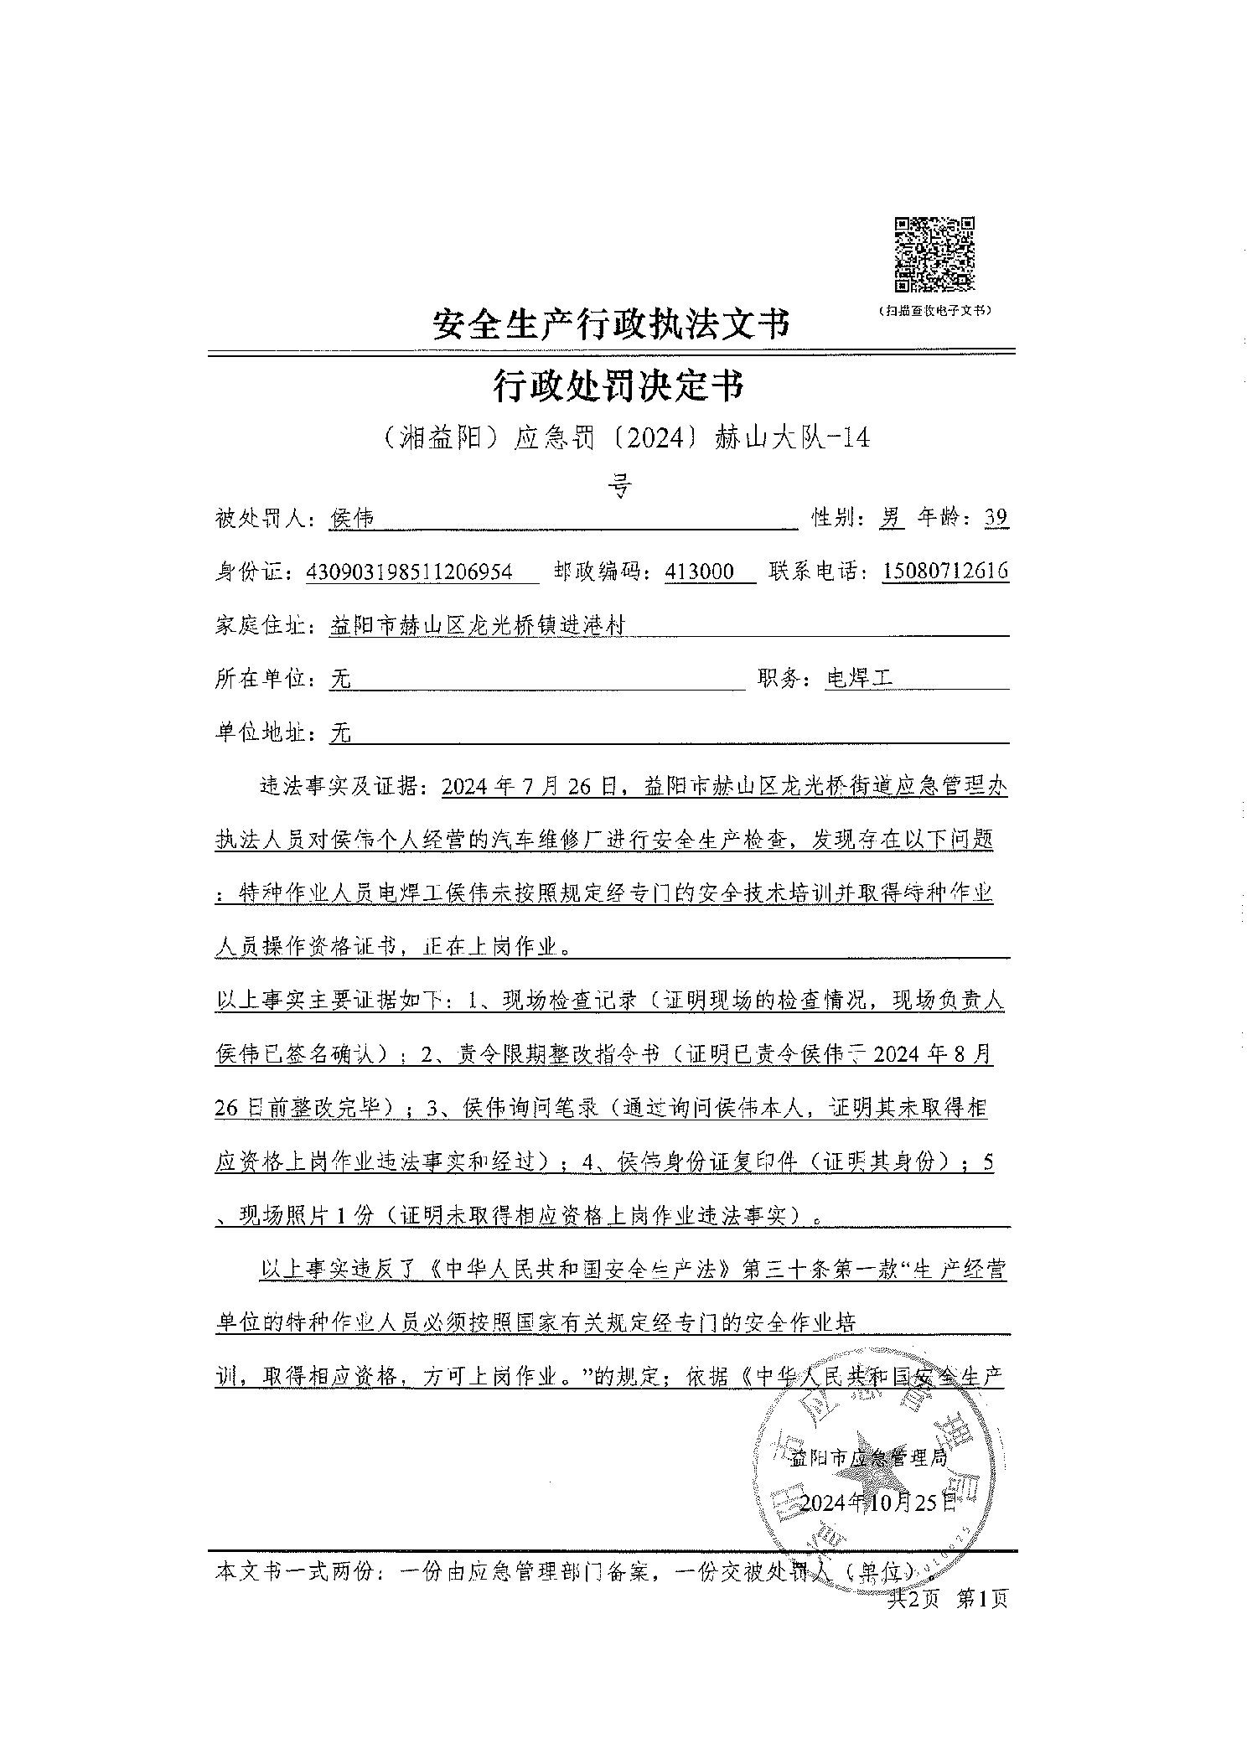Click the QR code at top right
tap(934, 254)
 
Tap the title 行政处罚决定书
tap(618, 386)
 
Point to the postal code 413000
tap(699, 572)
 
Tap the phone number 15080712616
tap(945, 572)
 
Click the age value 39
tap(996, 519)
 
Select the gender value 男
tap(891, 519)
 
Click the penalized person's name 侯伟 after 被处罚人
tap(353, 520)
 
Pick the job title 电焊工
tap(859, 679)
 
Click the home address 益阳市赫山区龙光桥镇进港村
tap(478, 626)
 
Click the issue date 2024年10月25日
tap(877, 1502)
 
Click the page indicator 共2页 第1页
tap(947, 1599)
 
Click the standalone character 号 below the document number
tap(618, 486)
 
